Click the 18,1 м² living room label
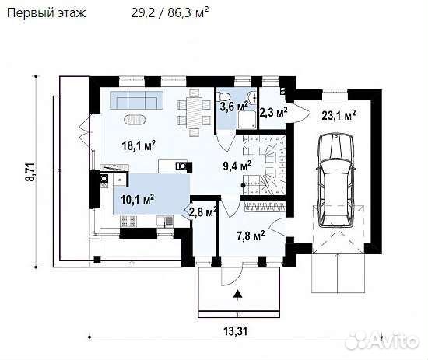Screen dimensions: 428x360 point(139,145)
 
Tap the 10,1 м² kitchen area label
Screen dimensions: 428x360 point(137,199)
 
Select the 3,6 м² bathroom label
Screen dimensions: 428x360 point(234,106)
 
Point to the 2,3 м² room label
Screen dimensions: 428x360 point(273,112)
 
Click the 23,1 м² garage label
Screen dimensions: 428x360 point(339,115)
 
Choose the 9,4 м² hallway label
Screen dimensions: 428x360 point(237,166)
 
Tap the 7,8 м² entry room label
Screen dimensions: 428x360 point(251,236)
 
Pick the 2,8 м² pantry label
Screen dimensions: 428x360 point(203,212)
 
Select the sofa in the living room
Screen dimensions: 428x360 point(137,100)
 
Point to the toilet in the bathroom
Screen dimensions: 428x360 point(225,96)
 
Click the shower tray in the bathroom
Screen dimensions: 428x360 point(247,119)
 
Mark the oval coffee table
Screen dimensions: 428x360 point(135,120)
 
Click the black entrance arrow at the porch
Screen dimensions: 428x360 point(238,294)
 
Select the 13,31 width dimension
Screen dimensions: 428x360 point(236,332)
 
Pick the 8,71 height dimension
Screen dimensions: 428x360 point(30,172)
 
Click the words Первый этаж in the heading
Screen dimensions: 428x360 point(46,12)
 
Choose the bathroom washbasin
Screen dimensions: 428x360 point(251,96)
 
